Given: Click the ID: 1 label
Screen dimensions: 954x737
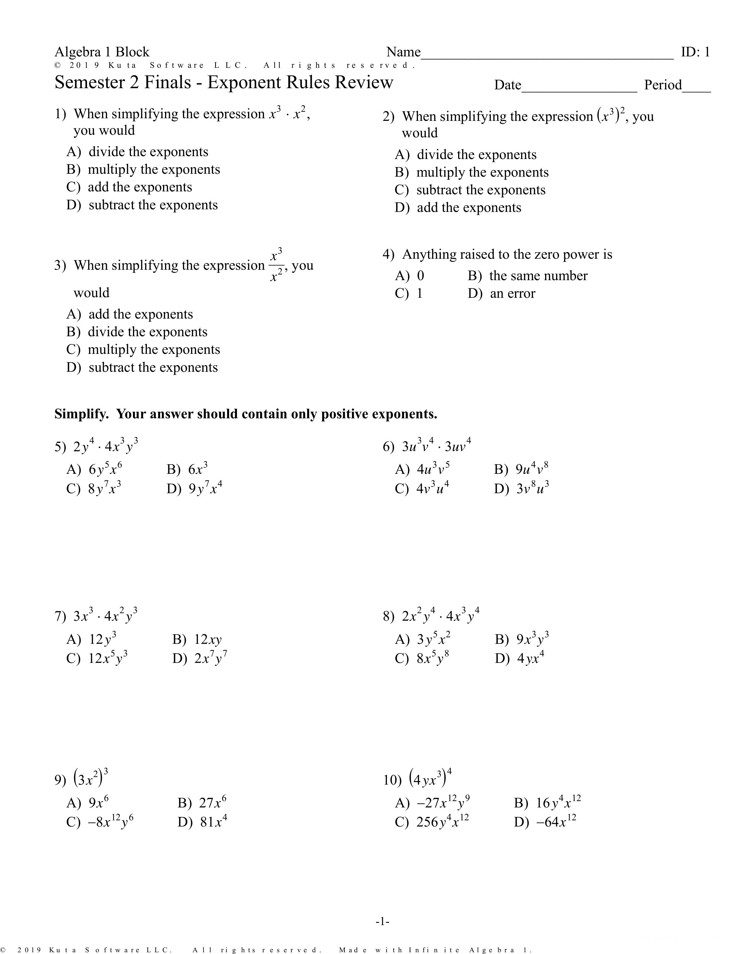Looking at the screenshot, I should click(695, 52).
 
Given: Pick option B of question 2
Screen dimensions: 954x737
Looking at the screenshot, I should click(472, 173).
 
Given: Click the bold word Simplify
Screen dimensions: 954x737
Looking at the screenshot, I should click(81, 414).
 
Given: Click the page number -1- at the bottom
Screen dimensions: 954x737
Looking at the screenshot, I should click(382, 922).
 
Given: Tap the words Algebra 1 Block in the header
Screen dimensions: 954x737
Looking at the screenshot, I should click(102, 52).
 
